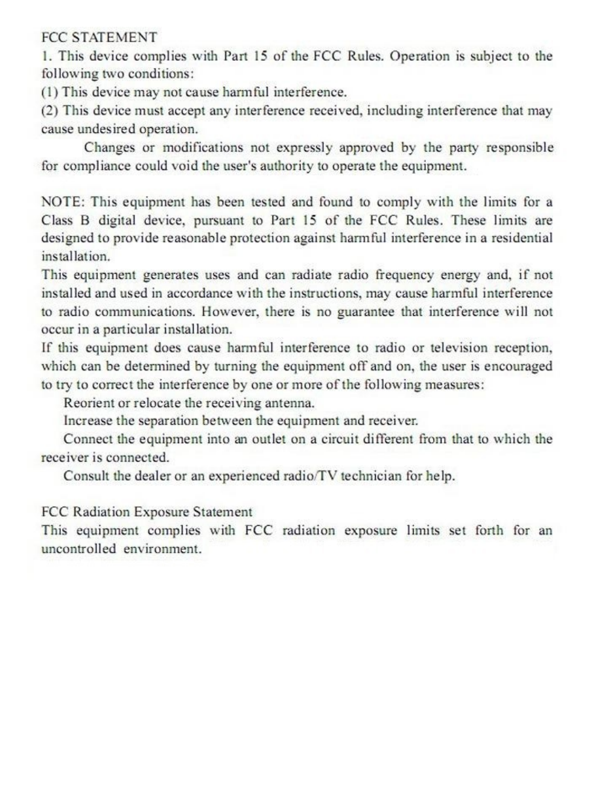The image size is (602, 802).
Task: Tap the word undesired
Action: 105,130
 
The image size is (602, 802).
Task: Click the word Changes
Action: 109,148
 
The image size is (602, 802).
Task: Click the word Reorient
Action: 88,403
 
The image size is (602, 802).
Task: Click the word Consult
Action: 86,476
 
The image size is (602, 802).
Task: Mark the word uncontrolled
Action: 78,549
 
